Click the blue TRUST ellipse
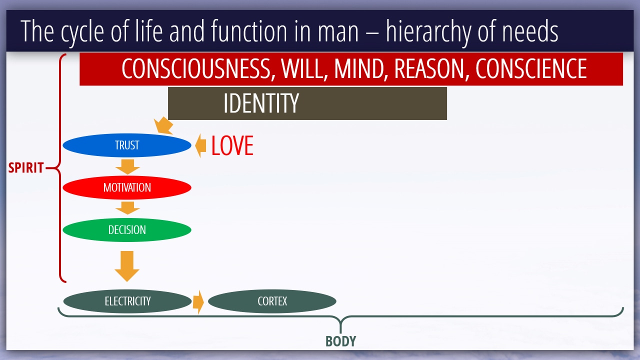(x=127, y=145)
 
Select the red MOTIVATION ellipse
(x=127, y=187)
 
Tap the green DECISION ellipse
(x=127, y=229)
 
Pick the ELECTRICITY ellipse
(x=127, y=301)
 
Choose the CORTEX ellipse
(x=272, y=301)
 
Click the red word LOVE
(x=232, y=145)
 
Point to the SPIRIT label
(x=25, y=167)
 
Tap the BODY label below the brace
(x=340, y=341)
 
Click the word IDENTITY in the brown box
(x=261, y=103)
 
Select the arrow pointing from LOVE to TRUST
(x=200, y=145)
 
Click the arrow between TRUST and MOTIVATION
(x=127, y=166)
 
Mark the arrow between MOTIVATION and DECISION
(x=127, y=207)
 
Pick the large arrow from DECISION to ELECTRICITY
(x=127, y=266)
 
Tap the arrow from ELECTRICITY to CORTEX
(x=198, y=302)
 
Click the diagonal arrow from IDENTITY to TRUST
(x=163, y=125)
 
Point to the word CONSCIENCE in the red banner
(x=531, y=68)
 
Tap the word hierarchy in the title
(x=428, y=31)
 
